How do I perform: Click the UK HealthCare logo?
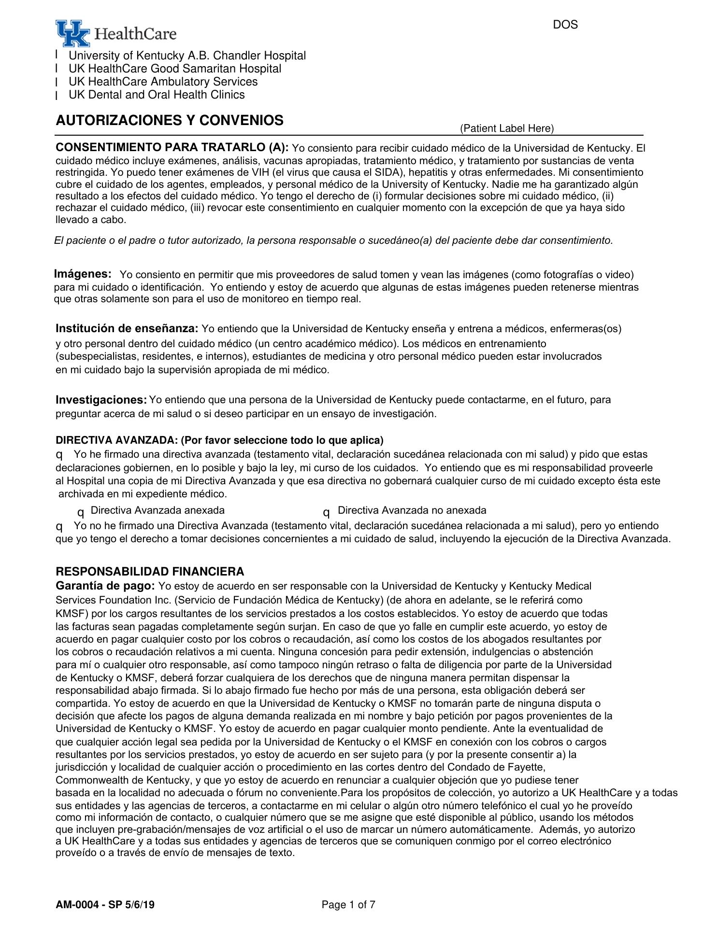[116, 33]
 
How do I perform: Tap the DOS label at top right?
[565, 25]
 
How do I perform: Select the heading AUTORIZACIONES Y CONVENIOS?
[170, 120]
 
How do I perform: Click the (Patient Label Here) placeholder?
[507, 128]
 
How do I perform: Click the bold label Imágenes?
[83, 274]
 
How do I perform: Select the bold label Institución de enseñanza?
[127, 329]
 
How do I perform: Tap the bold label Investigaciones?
[101, 400]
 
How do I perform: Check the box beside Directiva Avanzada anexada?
[81, 512]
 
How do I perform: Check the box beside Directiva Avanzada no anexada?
[327, 512]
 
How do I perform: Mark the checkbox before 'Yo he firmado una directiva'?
[59, 455]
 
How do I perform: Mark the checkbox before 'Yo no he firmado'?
[59, 526]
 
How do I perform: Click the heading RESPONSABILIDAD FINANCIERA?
[150, 572]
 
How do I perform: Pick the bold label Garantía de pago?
[105, 586]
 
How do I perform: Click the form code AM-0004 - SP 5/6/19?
[105, 905]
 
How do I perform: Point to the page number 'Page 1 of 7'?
[348, 905]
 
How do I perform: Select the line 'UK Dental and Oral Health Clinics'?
[157, 95]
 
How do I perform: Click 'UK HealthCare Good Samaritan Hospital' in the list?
[175, 69]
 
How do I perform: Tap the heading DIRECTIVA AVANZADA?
[117, 440]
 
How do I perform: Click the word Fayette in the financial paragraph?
[528, 767]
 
